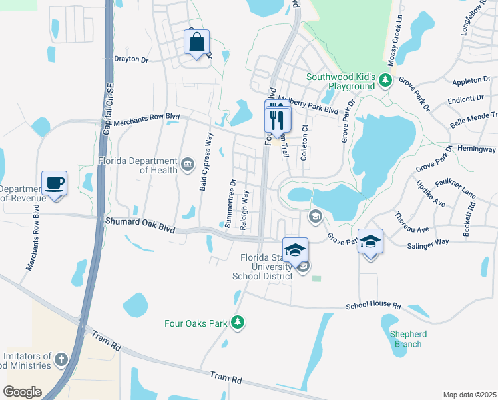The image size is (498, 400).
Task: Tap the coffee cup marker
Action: pyautogui.click(x=54, y=183)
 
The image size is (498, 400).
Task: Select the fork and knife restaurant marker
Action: pyautogui.click(x=278, y=121)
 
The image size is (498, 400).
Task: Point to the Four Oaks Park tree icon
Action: pyautogui.click(x=238, y=323)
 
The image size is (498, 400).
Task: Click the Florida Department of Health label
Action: pyautogui.click(x=138, y=165)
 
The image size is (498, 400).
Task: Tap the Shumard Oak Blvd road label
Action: pyautogui.click(x=139, y=224)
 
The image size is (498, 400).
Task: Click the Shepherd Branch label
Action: pyautogui.click(x=407, y=339)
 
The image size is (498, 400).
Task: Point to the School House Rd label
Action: pyautogui.click(x=373, y=305)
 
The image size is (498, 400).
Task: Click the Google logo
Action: pyautogui.click(x=22, y=391)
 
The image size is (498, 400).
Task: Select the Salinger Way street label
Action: pyautogui.click(x=428, y=245)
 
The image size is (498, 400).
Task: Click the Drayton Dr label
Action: pyautogui.click(x=131, y=59)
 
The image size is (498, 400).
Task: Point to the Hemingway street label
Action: pyautogui.click(x=477, y=149)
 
